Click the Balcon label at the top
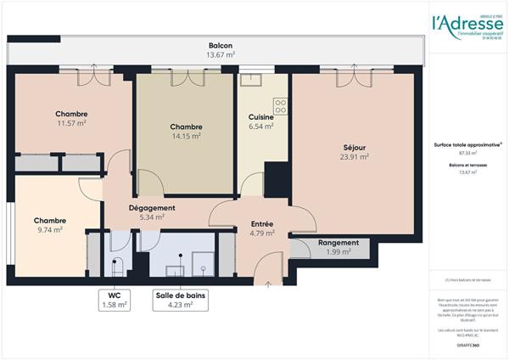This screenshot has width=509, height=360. pos(221,46)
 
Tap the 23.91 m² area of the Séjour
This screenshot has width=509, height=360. pos(355,156)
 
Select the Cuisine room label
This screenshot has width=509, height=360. pos(260,117)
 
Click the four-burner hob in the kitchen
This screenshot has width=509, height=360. pos(280,106)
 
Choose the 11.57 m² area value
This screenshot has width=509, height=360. pos(72,124)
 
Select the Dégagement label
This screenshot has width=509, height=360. pos(152,208)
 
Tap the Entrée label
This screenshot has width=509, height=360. pos(261,224)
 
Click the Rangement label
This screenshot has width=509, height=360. pos(338,243)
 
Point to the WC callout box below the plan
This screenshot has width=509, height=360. pos(114,301)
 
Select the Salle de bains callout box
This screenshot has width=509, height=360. pos(180,301)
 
